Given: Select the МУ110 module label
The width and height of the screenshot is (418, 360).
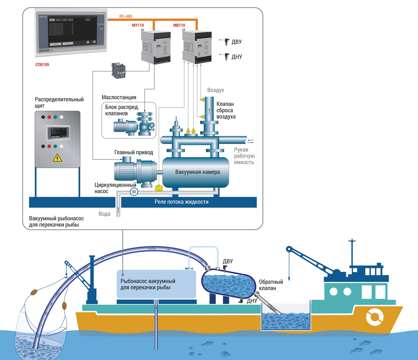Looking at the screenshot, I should click(x=148, y=25).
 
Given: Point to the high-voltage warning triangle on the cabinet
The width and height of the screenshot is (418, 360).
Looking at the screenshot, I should click(x=57, y=159).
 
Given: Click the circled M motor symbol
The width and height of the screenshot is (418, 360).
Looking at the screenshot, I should click(x=134, y=191).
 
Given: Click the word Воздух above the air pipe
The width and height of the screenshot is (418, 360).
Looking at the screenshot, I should click(x=216, y=90).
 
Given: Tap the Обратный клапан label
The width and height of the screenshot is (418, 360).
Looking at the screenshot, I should click(x=271, y=285).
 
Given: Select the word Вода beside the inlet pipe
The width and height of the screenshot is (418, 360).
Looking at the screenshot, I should click(x=104, y=214).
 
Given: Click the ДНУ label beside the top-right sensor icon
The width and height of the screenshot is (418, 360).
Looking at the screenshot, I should click(x=237, y=56).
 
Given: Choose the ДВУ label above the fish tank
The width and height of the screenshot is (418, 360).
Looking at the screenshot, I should click(x=228, y=261).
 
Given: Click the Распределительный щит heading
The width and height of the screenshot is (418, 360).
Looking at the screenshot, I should click(x=59, y=102).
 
